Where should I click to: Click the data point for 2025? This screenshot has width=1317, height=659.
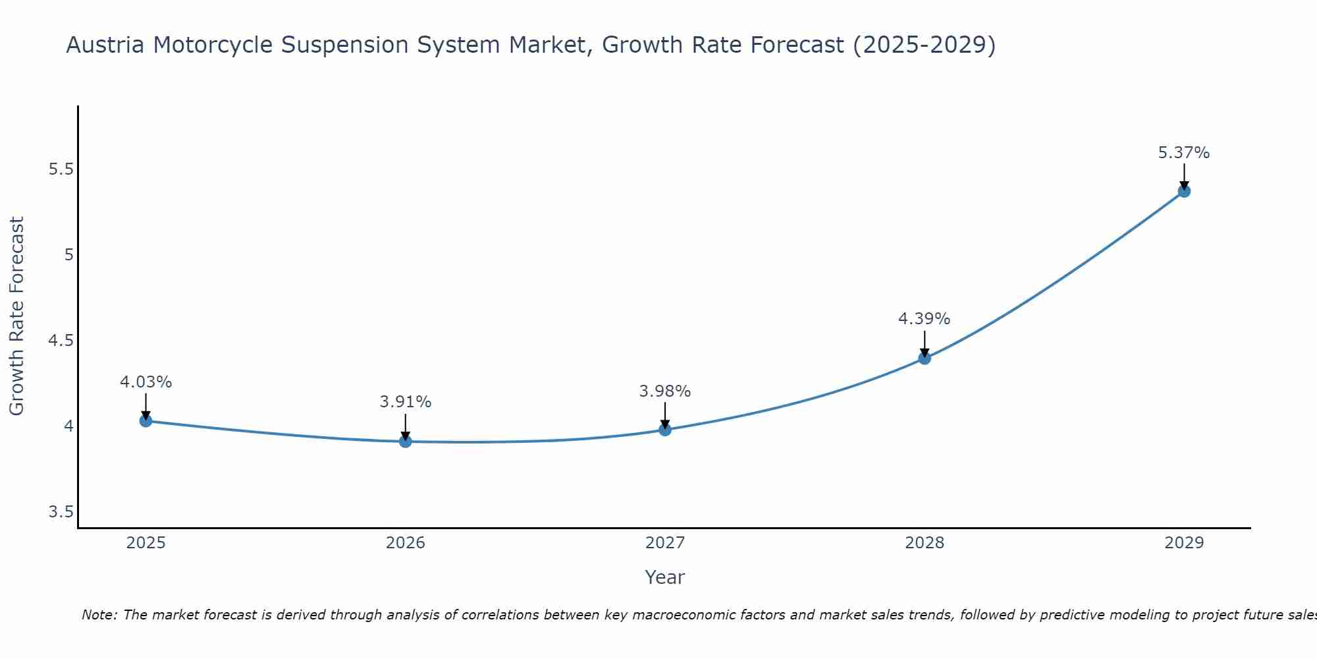coord(146,420)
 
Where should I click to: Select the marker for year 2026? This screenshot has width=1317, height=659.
coord(406,441)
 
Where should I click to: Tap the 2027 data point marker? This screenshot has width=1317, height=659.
coord(665,430)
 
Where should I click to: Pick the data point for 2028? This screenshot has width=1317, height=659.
coord(925,358)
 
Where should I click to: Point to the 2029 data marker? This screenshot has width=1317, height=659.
coord(1184,191)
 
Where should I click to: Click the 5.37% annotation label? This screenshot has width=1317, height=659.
coord(1184,153)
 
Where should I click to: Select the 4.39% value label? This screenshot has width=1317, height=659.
coord(925,319)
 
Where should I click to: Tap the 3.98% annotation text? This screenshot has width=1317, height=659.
coord(665,391)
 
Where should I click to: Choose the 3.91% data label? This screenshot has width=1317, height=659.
coord(406,402)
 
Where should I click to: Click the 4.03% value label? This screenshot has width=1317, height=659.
coord(146,382)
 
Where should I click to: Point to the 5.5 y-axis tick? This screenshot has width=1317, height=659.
coord(61,169)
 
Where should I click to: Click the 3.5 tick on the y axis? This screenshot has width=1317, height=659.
coord(61,512)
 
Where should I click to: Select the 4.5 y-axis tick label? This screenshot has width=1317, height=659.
coord(61,341)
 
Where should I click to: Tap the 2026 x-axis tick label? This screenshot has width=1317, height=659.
coord(406,543)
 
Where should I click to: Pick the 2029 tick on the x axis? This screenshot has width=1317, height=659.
coord(1184,543)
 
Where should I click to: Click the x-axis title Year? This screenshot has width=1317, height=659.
coord(665,577)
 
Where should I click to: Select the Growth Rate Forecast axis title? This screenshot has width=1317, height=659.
coord(17,316)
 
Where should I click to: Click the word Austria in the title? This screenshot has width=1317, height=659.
coord(105,45)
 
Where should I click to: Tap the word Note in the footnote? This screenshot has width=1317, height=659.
coord(99,615)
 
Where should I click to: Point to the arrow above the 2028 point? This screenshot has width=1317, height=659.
coord(925,343)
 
